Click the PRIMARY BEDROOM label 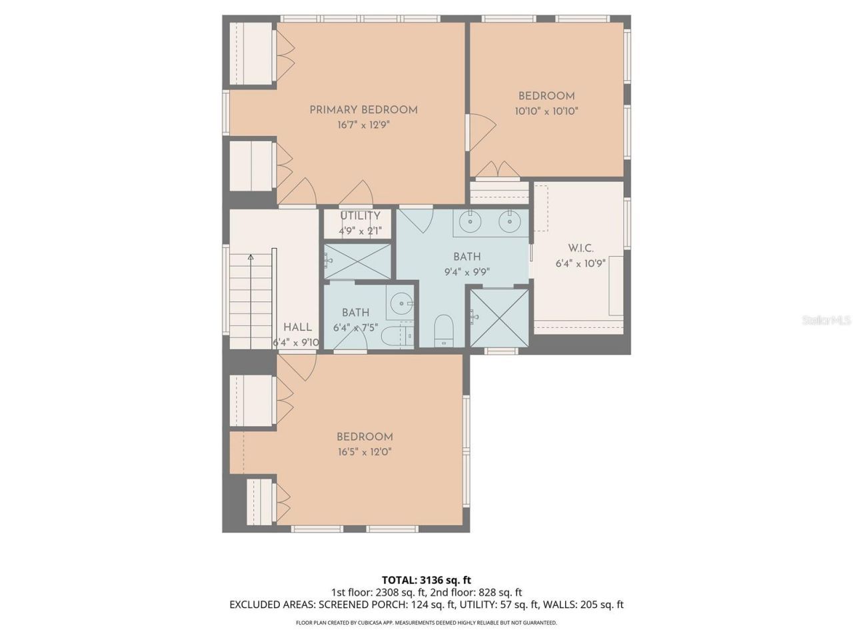pos(363,110)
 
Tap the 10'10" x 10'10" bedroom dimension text pos(546,111)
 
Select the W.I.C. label pos(580,248)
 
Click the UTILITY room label pos(360,216)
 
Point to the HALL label pos(297,327)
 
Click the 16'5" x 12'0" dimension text pos(364,452)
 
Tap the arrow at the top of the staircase pos(251,257)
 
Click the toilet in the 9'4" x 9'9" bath pos(443,330)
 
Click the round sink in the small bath pos(401,304)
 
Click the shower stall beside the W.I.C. pos(499,317)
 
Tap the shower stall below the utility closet pos(357,262)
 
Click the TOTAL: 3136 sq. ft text pos(426,579)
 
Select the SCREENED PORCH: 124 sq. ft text pos(387,605)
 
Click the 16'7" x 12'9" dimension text pos(363,125)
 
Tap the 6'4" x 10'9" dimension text pos(580,263)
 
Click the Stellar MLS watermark pos(826,321)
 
